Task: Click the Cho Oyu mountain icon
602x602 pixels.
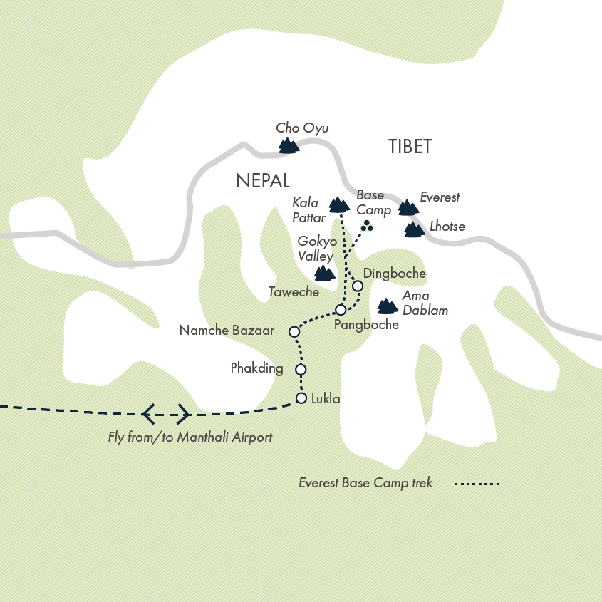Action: (x=288, y=146)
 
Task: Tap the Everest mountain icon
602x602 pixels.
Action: (x=408, y=207)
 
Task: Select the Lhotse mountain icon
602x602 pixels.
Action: (x=414, y=229)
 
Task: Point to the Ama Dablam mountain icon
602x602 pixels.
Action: (x=387, y=306)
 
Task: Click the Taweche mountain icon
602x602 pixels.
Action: (x=324, y=273)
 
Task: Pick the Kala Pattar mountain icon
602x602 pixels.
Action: (x=339, y=204)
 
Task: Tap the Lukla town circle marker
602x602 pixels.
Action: (x=301, y=398)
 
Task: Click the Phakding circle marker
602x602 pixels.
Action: (x=301, y=370)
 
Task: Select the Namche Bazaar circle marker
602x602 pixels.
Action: (x=294, y=331)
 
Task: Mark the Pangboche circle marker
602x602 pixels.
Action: (x=341, y=310)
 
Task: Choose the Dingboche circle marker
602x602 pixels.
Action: (x=358, y=286)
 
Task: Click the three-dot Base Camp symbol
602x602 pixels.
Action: (x=367, y=227)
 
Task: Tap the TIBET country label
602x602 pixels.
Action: (x=410, y=147)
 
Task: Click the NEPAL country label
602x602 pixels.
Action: (x=262, y=181)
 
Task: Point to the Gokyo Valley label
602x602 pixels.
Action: (x=317, y=248)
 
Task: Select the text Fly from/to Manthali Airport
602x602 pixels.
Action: (x=190, y=437)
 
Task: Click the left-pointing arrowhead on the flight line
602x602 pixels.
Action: (x=148, y=412)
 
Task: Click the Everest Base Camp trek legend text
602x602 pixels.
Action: (x=365, y=483)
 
